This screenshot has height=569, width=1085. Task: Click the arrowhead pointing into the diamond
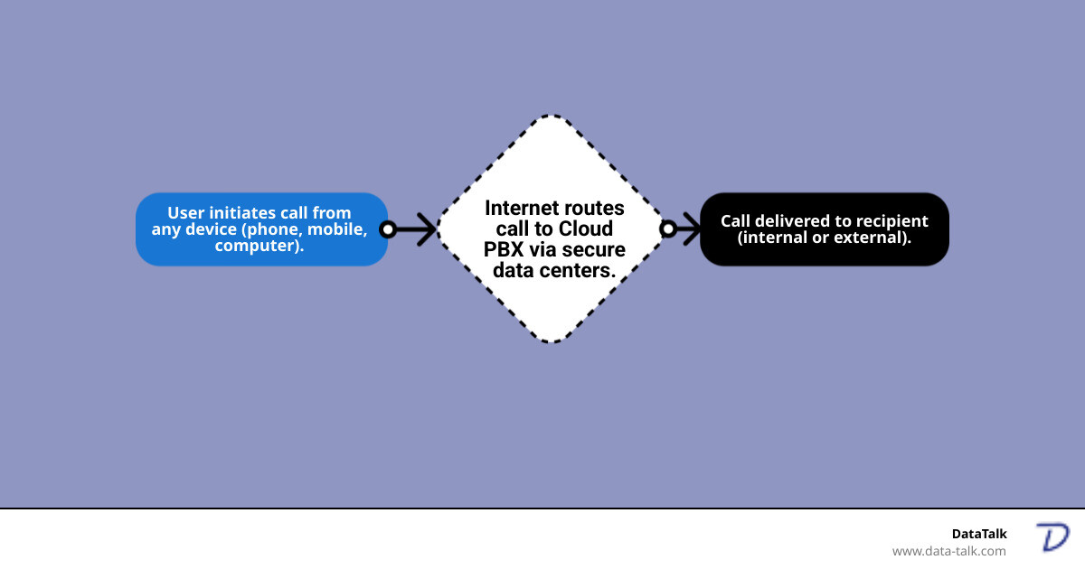(428, 229)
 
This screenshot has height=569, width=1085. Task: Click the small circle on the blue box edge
(387, 229)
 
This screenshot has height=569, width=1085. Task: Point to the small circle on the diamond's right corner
(668, 229)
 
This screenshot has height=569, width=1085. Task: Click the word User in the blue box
(185, 214)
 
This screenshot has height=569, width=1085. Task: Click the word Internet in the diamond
(520, 208)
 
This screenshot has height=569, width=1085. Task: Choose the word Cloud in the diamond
(586, 229)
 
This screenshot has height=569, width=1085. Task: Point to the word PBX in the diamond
(502, 249)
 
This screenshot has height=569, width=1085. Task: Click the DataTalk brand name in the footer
(978, 534)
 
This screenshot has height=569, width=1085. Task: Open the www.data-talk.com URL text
(948, 551)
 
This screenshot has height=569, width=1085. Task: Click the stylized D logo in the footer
(1052, 537)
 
